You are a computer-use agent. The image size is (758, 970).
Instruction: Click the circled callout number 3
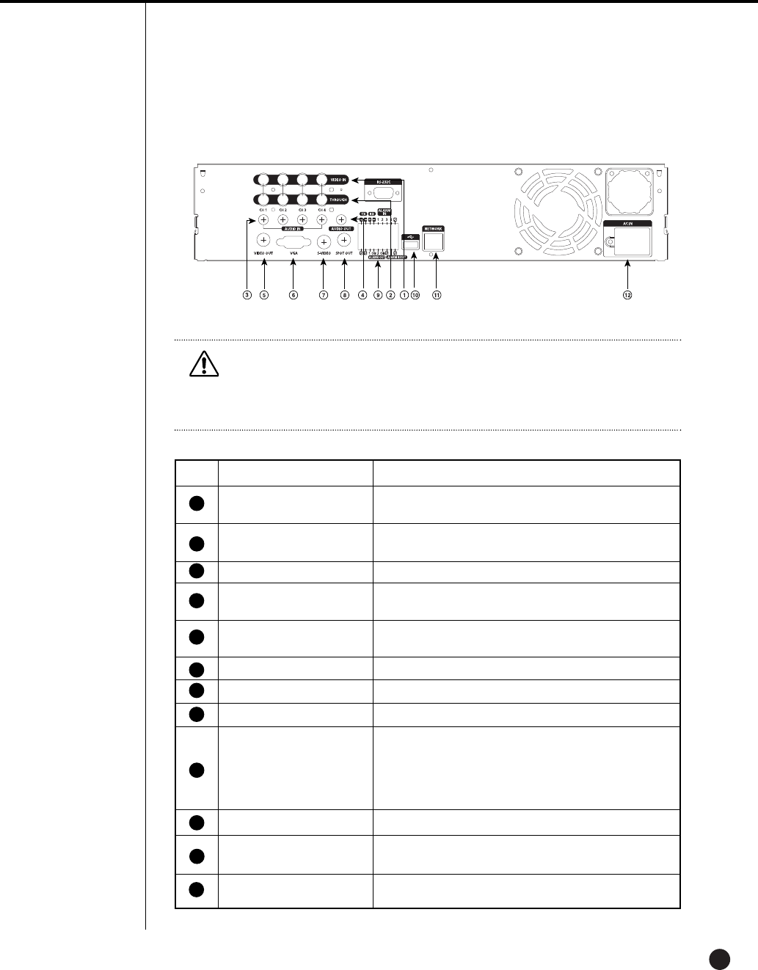pyautogui.click(x=247, y=295)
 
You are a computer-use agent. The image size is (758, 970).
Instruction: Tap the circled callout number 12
pyautogui.click(x=627, y=295)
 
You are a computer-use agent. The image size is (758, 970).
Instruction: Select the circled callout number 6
pyautogui.click(x=293, y=295)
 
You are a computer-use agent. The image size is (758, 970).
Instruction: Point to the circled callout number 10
pyautogui.click(x=415, y=295)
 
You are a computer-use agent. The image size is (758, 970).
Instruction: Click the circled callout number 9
pyautogui.click(x=378, y=295)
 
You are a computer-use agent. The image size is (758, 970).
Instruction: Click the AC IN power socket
pyautogui.click(x=628, y=240)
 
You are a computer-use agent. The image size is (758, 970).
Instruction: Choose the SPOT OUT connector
pyautogui.click(x=342, y=240)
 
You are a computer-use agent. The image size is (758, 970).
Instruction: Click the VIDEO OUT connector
pyautogui.click(x=263, y=240)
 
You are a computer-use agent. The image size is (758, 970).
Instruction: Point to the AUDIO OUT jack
pyautogui.click(x=341, y=219)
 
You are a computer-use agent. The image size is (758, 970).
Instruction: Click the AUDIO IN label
pyautogui.click(x=291, y=229)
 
